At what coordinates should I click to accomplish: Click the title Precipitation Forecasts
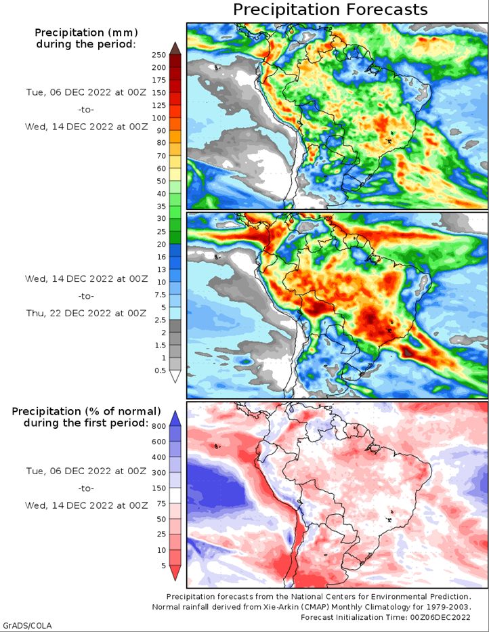[330, 9]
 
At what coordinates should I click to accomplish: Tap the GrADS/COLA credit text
[27, 625]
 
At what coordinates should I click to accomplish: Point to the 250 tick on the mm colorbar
[159, 56]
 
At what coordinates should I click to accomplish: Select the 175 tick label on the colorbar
[159, 80]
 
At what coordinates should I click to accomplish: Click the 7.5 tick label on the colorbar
[161, 295]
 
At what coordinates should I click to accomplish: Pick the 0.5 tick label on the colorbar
[161, 371]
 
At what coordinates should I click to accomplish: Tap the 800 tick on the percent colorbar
[159, 427]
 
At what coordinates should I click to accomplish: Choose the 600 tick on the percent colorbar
[159, 442]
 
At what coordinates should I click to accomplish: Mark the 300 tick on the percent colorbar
[159, 472]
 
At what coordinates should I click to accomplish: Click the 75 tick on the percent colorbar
[161, 503]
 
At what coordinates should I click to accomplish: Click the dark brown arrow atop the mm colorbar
[175, 47]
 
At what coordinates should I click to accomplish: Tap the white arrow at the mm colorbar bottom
[175, 377]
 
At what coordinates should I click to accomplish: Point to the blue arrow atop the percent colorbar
[175, 419]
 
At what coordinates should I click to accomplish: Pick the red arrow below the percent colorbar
[175, 573]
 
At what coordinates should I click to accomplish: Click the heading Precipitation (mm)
[86, 33]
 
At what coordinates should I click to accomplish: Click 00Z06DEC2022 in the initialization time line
[440, 617]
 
